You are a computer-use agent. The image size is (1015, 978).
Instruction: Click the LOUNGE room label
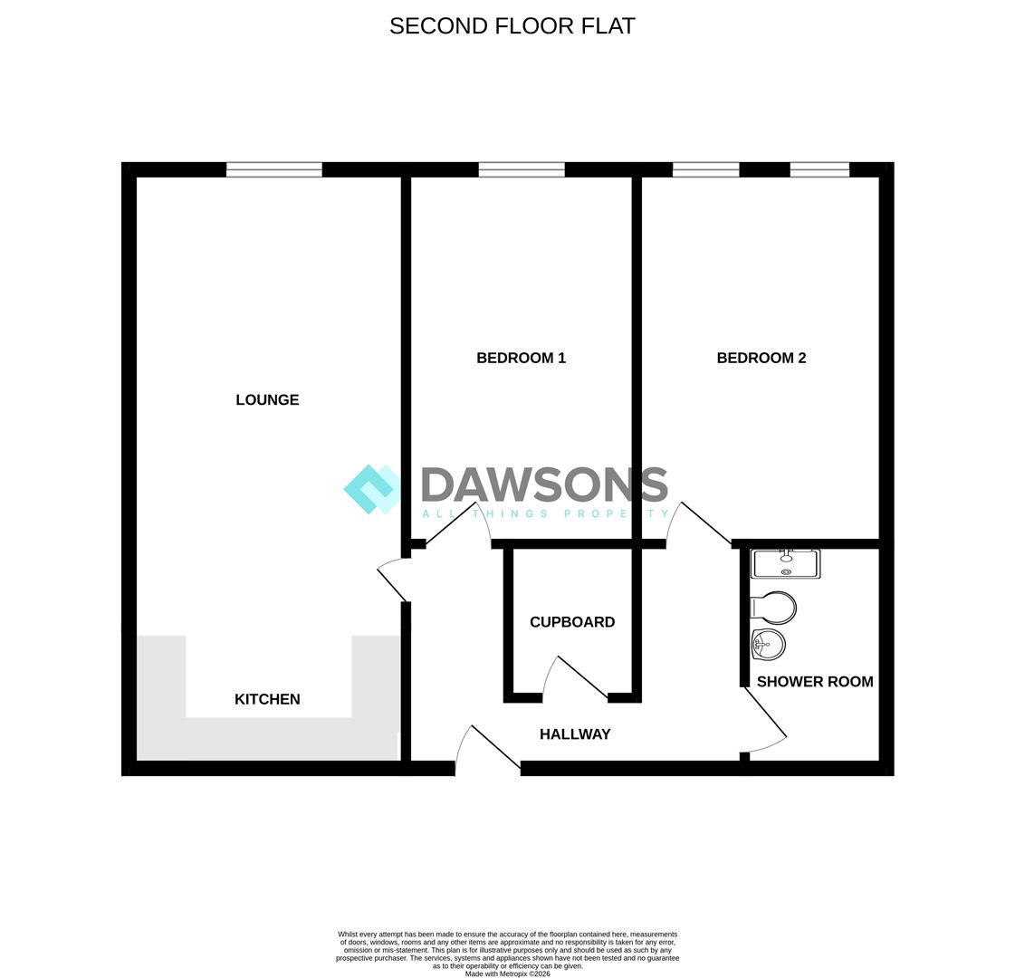pyautogui.click(x=267, y=400)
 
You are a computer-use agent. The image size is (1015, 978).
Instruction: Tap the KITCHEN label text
pyautogui.click(x=267, y=699)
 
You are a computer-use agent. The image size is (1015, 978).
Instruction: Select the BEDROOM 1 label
pyautogui.click(x=522, y=358)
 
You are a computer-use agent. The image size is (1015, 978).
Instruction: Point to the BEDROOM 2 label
pyautogui.click(x=761, y=358)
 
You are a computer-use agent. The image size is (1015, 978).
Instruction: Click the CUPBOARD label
pyautogui.click(x=572, y=622)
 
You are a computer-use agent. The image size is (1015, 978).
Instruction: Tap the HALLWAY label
pyautogui.click(x=576, y=734)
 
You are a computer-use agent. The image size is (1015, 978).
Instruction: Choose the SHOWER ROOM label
pyautogui.click(x=815, y=682)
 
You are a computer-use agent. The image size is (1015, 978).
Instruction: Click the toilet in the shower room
pyautogui.click(x=773, y=608)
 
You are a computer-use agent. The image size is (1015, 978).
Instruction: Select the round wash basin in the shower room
pyautogui.click(x=769, y=644)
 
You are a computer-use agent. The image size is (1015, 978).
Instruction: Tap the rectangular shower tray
pyautogui.click(x=786, y=564)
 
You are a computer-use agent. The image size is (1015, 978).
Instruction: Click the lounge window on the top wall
pyautogui.click(x=273, y=169)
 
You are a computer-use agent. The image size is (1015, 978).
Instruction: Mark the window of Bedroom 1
pyautogui.click(x=522, y=169)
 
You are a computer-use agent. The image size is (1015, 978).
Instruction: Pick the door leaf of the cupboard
pyautogui.click(x=582, y=677)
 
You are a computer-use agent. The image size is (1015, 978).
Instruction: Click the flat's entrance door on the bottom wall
pyautogui.click(x=496, y=748)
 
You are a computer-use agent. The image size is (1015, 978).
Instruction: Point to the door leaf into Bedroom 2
pyautogui.click(x=705, y=523)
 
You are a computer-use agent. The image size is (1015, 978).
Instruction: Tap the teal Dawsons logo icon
pyautogui.click(x=371, y=489)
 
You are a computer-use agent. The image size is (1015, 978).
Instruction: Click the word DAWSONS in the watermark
pyautogui.click(x=544, y=484)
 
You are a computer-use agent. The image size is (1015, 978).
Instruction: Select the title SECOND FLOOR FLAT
pyautogui.click(x=512, y=26)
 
